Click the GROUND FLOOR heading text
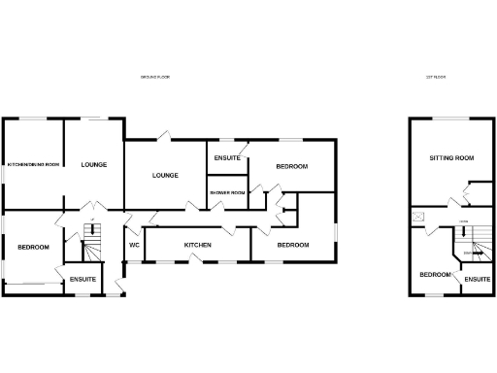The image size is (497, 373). (155, 77)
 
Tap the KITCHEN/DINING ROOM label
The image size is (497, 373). (34, 164)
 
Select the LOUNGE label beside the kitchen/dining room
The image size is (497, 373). (94, 164)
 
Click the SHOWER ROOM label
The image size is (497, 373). (228, 192)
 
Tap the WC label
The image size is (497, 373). (134, 245)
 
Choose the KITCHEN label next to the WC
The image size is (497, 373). (198, 245)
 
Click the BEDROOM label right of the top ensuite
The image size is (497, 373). (291, 167)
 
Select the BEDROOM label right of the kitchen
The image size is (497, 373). (293, 245)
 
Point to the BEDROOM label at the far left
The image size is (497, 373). (33, 248)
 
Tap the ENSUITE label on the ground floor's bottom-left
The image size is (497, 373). (83, 280)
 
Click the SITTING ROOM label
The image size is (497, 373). (451, 157)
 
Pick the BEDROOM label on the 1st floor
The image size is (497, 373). (435, 275)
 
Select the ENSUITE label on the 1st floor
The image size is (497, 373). (476, 280)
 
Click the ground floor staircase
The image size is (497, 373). (91, 250)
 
